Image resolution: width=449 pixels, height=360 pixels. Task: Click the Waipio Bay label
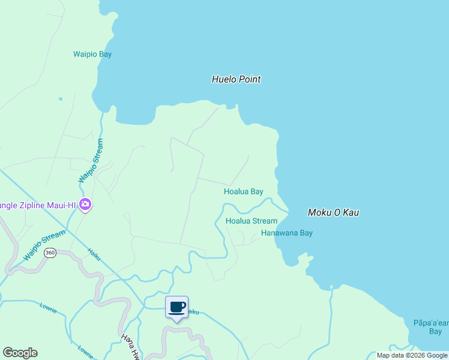pyautogui.click(x=92, y=55)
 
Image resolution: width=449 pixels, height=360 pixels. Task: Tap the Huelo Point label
pyautogui.click(x=237, y=79)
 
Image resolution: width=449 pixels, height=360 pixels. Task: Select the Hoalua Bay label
pyautogui.click(x=243, y=192)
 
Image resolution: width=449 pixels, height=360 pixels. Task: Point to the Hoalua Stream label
pyautogui.click(x=251, y=221)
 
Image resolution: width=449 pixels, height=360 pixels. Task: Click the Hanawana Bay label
pyautogui.click(x=287, y=233)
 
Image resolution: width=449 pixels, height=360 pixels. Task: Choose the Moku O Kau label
pyautogui.click(x=333, y=212)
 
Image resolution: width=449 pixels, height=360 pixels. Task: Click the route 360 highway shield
pyautogui.click(x=50, y=253)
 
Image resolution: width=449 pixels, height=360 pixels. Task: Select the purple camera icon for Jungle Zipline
pyautogui.click(x=85, y=205)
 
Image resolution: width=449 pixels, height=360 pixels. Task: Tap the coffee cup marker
pyautogui.click(x=176, y=308)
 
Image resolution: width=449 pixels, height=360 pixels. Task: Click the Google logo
pyautogui.click(x=20, y=353)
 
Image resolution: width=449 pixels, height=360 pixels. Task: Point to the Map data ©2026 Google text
pyautogui.click(x=412, y=355)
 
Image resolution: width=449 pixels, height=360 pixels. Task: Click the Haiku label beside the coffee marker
pyautogui.click(x=192, y=312)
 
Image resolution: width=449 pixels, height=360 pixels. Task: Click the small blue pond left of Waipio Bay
pyautogui.click(x=60, y=98)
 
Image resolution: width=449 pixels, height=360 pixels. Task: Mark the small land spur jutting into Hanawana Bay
pyautogui.click(x=306, y=258)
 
